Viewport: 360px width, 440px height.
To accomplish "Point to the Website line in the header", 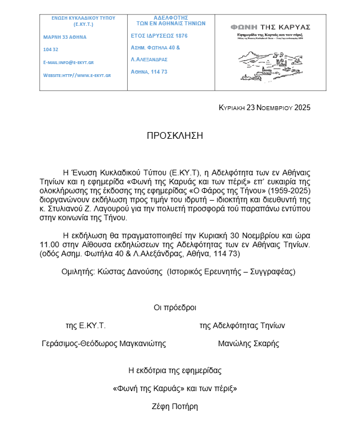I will [x=77, y=75].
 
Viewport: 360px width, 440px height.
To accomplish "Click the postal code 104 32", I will [x=51, y=49].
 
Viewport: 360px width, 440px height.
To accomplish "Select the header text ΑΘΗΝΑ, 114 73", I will [x=149, y=71].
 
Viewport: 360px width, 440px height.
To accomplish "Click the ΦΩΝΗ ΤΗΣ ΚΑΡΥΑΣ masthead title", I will [x=271, y=26].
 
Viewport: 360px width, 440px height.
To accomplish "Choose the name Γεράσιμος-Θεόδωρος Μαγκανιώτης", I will [x=104, y=343].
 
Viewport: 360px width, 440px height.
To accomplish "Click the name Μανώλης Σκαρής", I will [x=248, y=343].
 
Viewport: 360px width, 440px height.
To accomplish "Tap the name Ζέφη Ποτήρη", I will [x=174, y=406].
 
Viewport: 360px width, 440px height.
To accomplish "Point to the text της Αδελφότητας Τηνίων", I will [x=242, y=325].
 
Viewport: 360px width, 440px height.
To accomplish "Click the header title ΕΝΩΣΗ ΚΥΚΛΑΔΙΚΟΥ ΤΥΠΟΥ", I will [x=83, y=18].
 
